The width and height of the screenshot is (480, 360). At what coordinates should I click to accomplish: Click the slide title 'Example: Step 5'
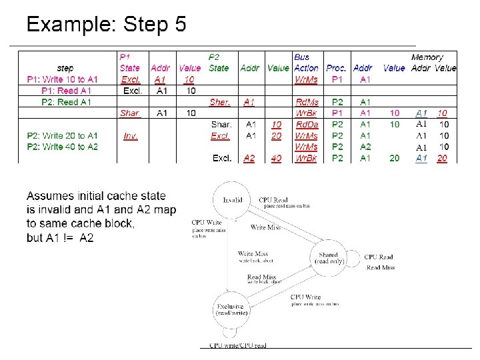pyautogui.click(x=106, y=25)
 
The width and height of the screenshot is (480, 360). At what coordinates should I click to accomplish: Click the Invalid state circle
pyautogui.click(x=233, y=199)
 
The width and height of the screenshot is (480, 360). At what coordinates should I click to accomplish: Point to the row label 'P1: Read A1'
pyautogui.click(x=67, y=91)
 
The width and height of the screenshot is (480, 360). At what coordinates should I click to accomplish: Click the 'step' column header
pyautogui.click(x=65, y=68)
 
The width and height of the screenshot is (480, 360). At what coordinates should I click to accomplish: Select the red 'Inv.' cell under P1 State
pyautogui.click(x=131, y=136)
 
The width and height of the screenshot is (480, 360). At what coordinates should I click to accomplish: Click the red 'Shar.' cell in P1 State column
pyautogui.click(x=130, y=113)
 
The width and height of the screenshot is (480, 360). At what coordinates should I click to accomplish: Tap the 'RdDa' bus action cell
pyautogui.click(x=307, y=125)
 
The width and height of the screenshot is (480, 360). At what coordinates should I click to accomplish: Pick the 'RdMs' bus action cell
pyautogui.click(x=307, y=102)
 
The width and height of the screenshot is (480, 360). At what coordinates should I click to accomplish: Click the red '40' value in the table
pyautogui.click(x=276, y=159)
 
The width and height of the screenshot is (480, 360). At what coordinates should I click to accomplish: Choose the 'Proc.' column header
pyautogui.click(x=336, y=68)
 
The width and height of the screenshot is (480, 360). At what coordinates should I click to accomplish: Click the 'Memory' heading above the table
pyautogui.click(x=427, y=57)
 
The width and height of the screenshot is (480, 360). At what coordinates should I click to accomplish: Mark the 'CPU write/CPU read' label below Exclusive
pyautogui.click(x=238, y=345)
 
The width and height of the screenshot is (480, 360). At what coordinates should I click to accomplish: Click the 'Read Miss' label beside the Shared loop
pyautogui.click(x=380, y=268)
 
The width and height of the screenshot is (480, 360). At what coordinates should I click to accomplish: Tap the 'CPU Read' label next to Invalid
pyautogui.click(x=273, y=199)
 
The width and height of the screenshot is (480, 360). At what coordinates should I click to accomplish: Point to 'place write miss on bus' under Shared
pyautogui.click(x=315, y=304)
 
